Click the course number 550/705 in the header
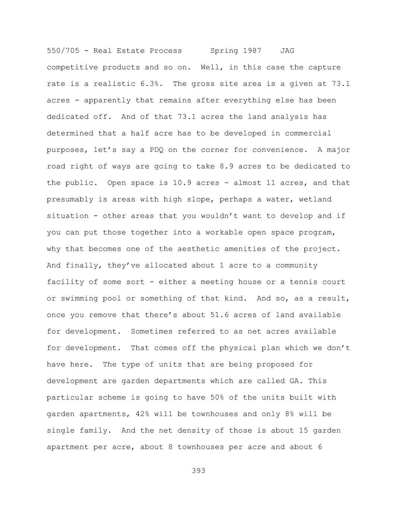63,51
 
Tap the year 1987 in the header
252,51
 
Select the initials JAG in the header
287,51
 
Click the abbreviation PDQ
156,150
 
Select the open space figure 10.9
182,183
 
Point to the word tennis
304,282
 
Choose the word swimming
79,298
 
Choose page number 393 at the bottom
198,471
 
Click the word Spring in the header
224,51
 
